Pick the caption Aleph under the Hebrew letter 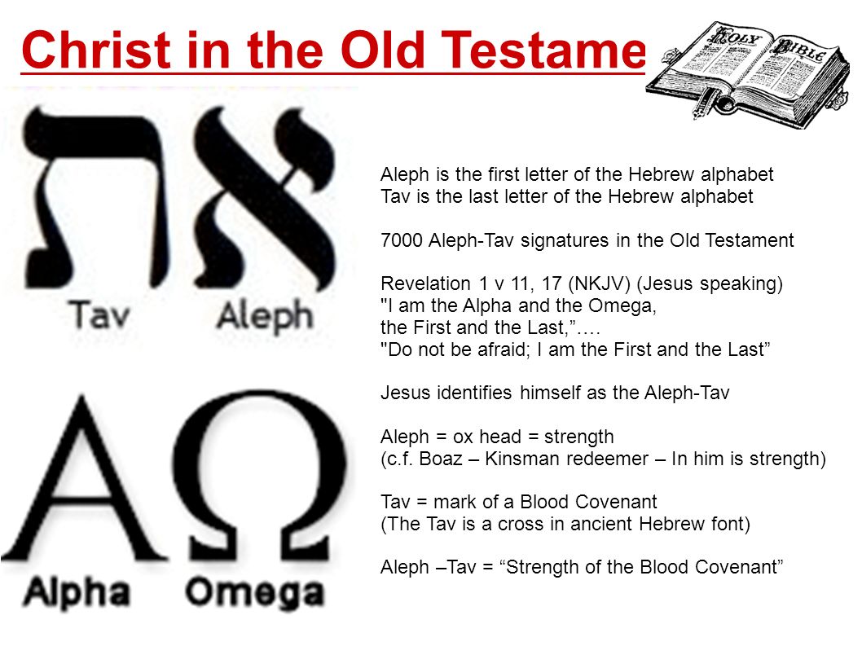264,316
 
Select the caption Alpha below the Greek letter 76,593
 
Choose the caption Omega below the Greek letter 253,593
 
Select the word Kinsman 517,459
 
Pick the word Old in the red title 382,51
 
